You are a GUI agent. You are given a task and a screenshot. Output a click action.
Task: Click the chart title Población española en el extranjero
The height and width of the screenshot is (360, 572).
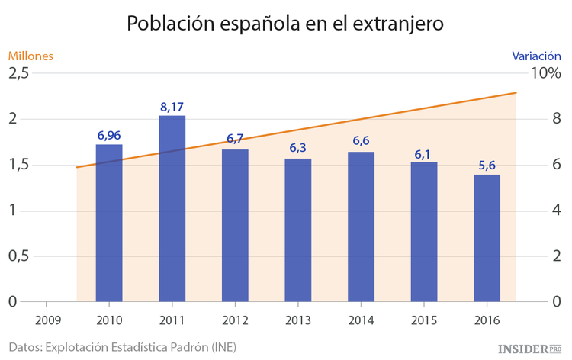pos(285,24)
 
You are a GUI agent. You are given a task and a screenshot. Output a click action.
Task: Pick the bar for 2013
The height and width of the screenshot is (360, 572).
pos(298,230)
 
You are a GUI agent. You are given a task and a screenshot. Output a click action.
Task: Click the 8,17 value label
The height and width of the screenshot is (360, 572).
pos(172,107)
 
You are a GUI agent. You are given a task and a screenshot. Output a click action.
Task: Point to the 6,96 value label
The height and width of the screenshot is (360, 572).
pos(109,135)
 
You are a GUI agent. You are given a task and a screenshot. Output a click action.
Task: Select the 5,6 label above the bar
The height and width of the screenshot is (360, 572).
pos(487,166)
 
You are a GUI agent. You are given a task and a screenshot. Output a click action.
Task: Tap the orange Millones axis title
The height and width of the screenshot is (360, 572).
pos(31,56)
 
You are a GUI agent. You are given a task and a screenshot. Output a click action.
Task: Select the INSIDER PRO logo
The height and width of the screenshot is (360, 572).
pos(529,347)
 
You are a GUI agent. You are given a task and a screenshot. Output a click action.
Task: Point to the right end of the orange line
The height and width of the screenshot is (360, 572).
pos(516,93)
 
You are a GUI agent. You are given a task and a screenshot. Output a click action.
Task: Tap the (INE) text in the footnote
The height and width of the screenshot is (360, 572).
pos(222,346)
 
